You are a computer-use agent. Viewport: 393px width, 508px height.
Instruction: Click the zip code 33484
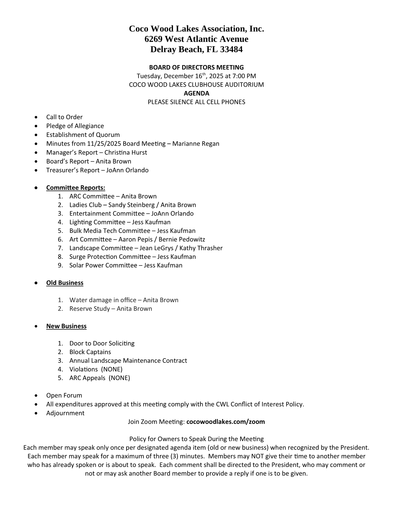click(x=231, y=49)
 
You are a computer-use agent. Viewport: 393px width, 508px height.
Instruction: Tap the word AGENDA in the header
click(x=196, y=93)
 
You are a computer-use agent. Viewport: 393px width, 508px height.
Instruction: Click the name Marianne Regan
click(x=196, y=143)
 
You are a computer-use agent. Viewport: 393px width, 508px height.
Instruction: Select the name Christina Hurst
click(x=126, y=152)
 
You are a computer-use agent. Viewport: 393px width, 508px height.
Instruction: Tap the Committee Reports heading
click(x=75, y=187)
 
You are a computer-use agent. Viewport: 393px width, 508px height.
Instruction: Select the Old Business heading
click(x=65, y=283)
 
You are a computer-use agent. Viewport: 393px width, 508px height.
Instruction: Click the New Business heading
click(x=66, y=326)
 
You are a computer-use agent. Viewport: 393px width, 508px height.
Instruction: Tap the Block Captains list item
click(x=90, y=352)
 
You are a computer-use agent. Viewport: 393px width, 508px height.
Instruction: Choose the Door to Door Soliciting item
click(x=102, y=343)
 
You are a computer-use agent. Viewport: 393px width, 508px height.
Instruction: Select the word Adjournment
click(x=65, y=413)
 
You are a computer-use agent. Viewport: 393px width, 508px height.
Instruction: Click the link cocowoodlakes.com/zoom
click(x=225, y=421)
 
